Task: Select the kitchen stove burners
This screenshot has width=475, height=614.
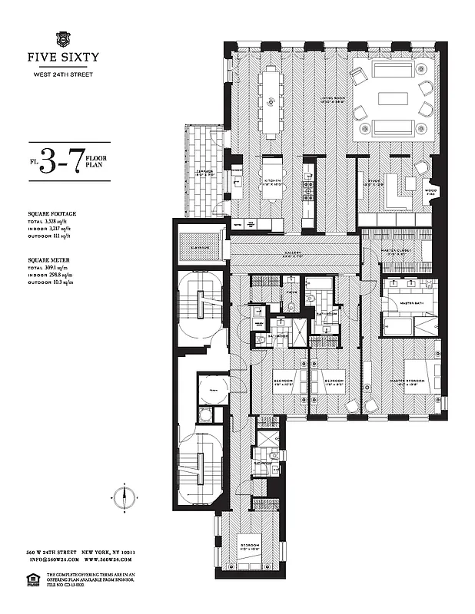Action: pos(310,184)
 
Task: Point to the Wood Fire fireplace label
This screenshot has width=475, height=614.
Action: pos(430,192)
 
